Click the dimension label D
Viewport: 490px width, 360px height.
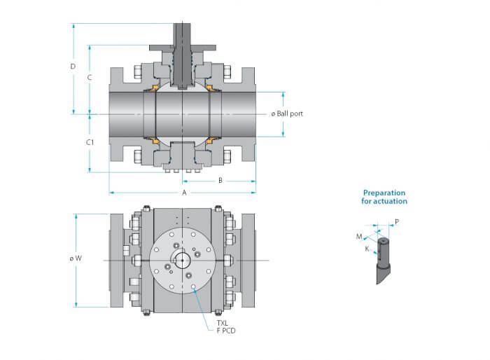(x=73, y=67)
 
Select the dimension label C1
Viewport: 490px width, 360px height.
(x=90, y=142)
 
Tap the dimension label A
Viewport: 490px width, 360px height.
(x=184, y=193)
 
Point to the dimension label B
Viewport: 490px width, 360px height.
(x=220, y=181)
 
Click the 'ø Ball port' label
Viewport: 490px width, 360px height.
(x=287, y=113)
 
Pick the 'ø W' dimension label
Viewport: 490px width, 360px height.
(x=76, y=258)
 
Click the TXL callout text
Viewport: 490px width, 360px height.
(x=223, y=323)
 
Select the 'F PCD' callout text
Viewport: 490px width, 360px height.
(x=226, y=331)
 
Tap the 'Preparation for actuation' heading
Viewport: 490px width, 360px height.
(x=384, y=197)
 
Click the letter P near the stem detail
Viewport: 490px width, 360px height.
(x=397, y=222)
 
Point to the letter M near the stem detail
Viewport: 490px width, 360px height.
(x=359, y=237)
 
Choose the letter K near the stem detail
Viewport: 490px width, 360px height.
(x=367, y=249)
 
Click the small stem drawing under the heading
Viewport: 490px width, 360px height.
(x=383, y=261)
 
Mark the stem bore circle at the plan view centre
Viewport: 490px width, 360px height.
(x=182, y=261)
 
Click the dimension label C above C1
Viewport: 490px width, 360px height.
(x=90, y=77)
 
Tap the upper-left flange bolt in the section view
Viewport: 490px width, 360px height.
(x=138, y=72)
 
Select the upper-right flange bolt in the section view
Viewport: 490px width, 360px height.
(x=227, y=71)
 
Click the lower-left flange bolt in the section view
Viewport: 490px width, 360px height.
(x=138, y=156)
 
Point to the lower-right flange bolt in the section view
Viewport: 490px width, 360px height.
(x=227, y=156)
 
